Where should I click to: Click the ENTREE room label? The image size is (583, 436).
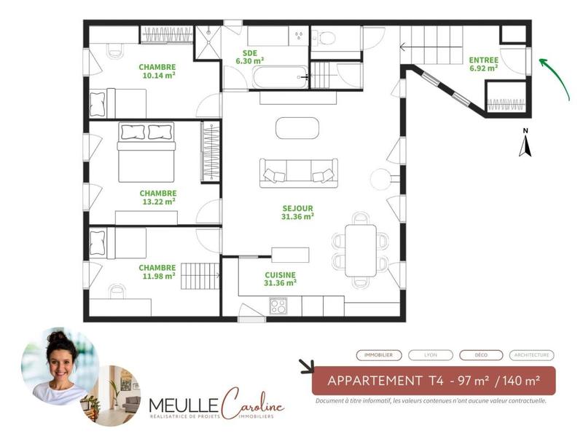click(x=483, y=63)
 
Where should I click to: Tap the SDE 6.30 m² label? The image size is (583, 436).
click(x=249, y=57)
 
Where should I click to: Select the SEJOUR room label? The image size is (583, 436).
click(x=297, y=211)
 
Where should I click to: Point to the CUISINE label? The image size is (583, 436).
click(x=280, y=279)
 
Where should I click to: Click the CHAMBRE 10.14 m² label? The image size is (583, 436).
click(x=157, y=70)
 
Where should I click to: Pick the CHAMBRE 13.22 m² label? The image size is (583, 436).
click(x=158, y=197)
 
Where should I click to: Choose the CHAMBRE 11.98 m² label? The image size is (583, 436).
click(x=157, y=271)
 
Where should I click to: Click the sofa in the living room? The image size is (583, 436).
click(x=297, y=172)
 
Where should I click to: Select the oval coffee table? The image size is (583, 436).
click(x=297, y=127)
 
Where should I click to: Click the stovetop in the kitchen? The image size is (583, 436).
click(x=278, y=306)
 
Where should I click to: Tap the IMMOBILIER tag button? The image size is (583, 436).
click(x=379, y=355)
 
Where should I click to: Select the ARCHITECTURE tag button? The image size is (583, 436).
click(x=531, y=355)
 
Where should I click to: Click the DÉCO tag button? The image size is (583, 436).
click(x=481, y=355)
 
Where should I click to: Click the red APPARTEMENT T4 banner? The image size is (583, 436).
click(x=433, y=381)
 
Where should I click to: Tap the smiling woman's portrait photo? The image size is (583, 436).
click(x=58, y=366)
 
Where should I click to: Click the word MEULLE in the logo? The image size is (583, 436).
click(x=174, y=404)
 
